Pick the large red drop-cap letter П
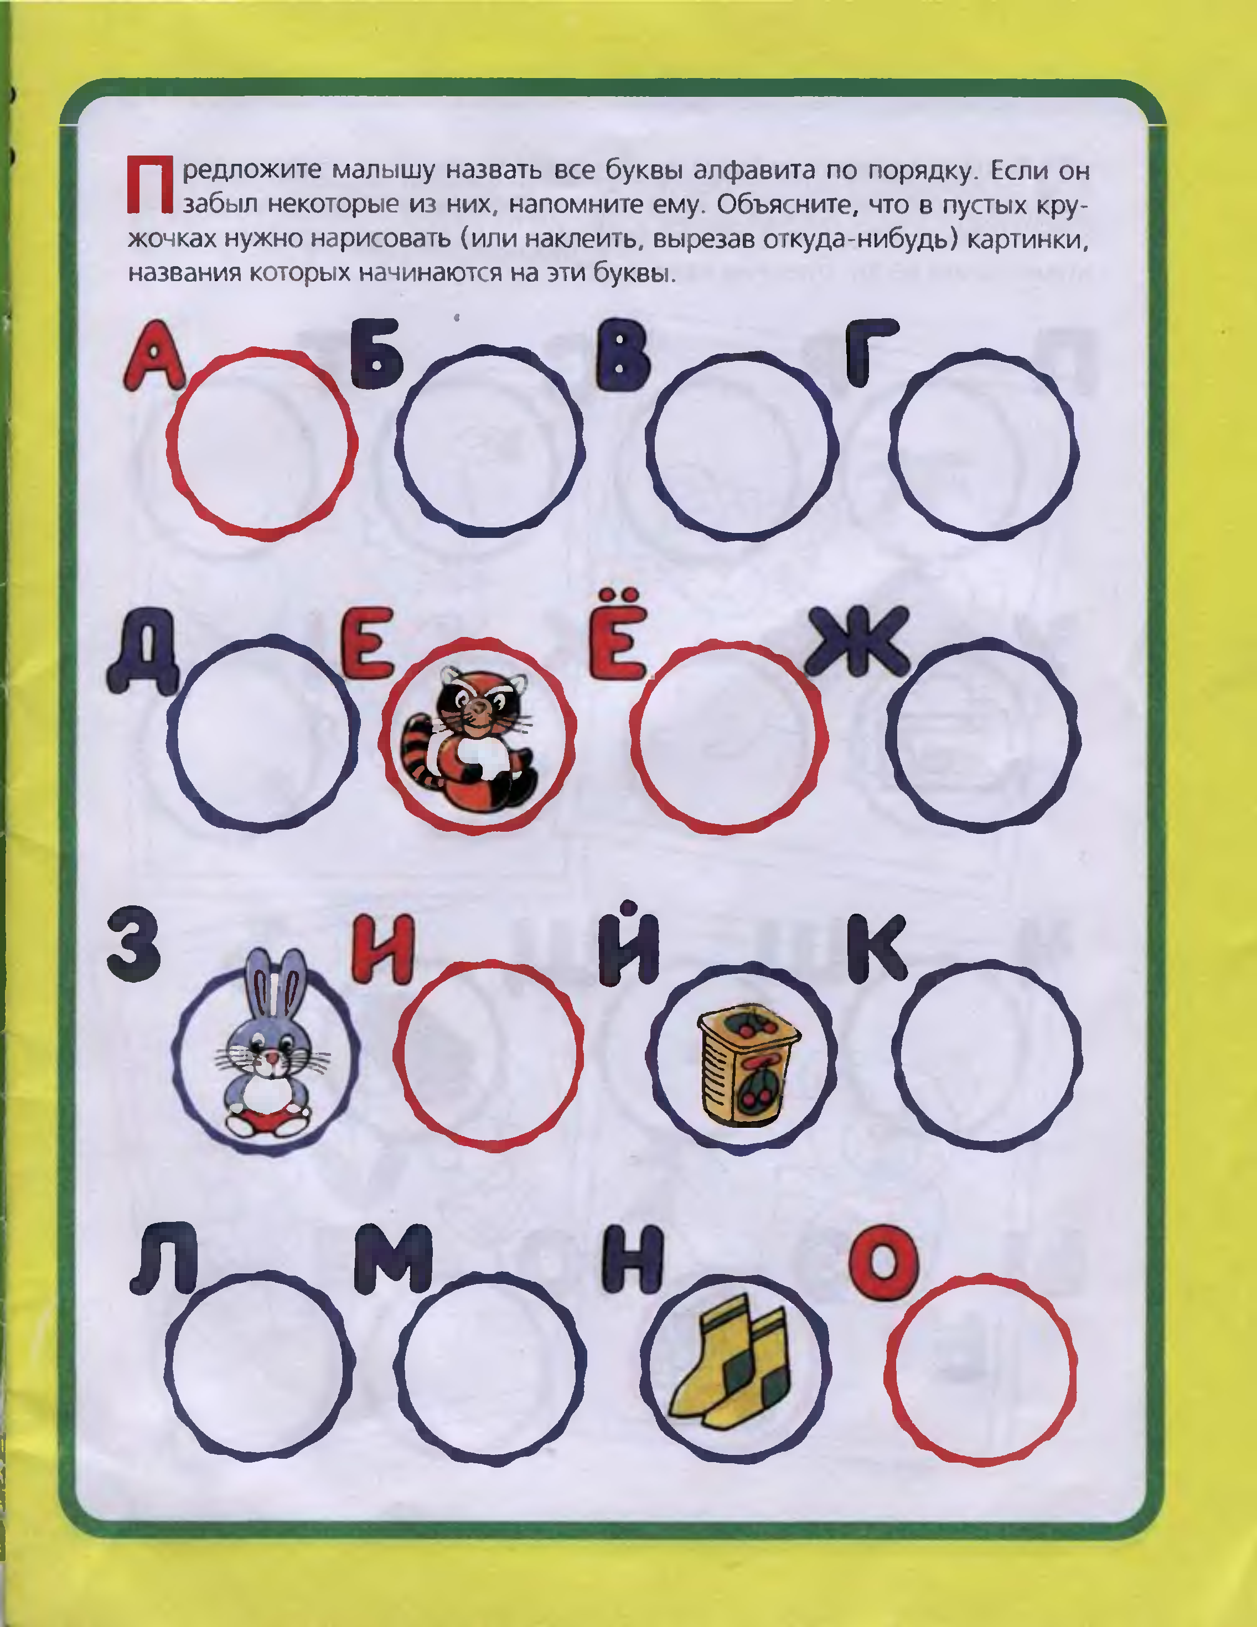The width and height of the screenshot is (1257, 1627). (150, 184)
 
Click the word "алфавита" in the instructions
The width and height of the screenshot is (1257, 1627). (753, 172)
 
